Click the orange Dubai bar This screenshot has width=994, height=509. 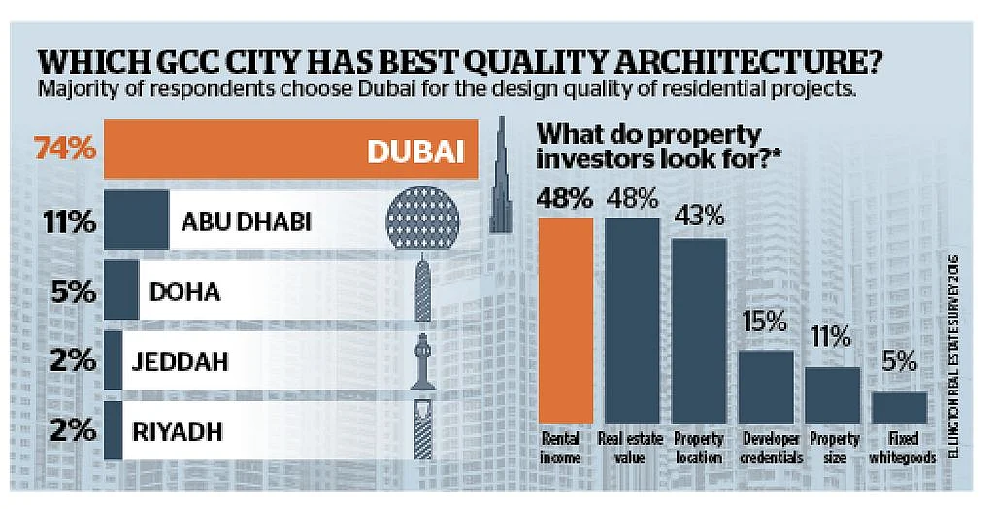coord(291,150)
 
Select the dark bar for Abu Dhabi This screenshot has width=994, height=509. coord(136,220)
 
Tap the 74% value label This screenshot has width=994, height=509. coord(65,150)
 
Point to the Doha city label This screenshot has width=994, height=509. coord(184,292)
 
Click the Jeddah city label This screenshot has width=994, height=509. coord(180,361)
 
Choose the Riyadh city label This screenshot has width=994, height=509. coord(178,431)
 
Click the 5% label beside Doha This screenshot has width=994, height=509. coord(73,292)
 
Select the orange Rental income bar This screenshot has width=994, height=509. coord(566,321)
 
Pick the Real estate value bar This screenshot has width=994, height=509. coord(632,321)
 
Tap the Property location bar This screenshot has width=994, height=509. coord(699,330)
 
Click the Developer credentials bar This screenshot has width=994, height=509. coord(766,388)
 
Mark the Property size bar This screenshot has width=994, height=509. coord(832,395)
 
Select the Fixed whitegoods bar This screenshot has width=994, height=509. coord(899,407)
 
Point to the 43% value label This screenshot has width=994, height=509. coord(699,218)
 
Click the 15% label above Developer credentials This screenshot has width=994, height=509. coord(765,322)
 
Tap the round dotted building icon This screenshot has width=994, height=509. coord(423,217)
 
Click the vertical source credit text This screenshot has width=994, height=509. coord(953,356)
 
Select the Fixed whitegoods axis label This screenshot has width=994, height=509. coord(903,448)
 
